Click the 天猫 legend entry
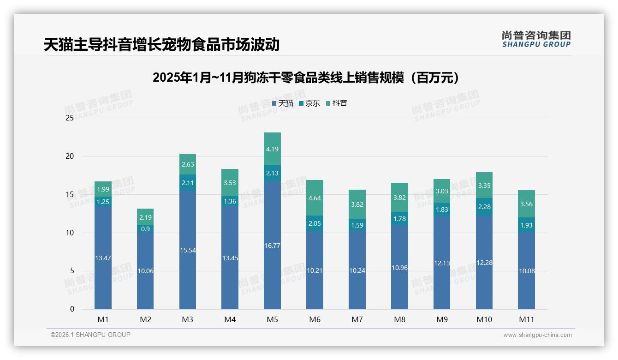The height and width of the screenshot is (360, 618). pos(283,103)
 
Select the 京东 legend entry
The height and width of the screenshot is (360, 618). pos(309,103)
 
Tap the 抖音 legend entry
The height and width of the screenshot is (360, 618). pos(337,103)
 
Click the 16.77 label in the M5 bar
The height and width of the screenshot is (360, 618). pos(272,246)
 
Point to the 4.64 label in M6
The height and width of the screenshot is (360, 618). pos(315,198)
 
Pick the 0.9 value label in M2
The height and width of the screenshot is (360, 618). pos(145,229)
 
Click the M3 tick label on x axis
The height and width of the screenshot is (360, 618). pos(187,319)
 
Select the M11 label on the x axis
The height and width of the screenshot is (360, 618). pos(526,319)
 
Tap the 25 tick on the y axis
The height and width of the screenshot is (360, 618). pos(70,118)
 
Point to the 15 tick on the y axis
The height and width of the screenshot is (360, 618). pos(70,195)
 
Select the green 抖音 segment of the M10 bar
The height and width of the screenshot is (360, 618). pos(484,185)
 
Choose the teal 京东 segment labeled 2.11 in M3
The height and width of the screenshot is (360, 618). pos(187,183)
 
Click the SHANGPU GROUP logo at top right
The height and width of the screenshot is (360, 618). pos(536,39)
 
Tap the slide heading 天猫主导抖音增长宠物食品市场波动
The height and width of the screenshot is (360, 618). pos(162,44)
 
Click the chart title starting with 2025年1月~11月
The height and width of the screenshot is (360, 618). pos(306,78)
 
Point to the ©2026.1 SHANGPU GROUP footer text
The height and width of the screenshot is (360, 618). pos(90,335)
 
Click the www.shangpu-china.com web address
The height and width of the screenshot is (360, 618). pos(537,335)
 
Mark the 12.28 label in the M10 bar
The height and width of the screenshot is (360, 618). pos(484,263)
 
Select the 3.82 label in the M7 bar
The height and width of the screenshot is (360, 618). pos(357,204)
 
